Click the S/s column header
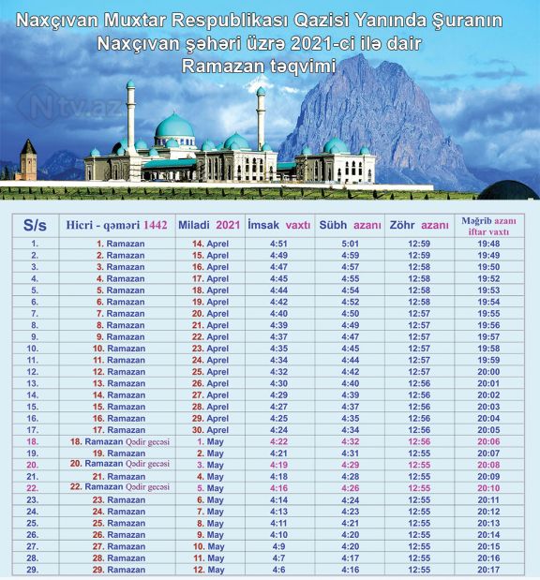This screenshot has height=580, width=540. point(35,225)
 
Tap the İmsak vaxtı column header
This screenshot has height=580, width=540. point(278,225)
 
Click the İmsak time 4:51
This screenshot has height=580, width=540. point(278,244)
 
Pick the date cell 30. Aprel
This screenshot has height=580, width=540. point(211,429)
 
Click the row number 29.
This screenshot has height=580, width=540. point(34,569)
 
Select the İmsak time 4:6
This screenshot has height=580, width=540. point(278,569)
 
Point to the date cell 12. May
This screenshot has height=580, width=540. point(211,569)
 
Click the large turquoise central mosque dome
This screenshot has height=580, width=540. point(174,127)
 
